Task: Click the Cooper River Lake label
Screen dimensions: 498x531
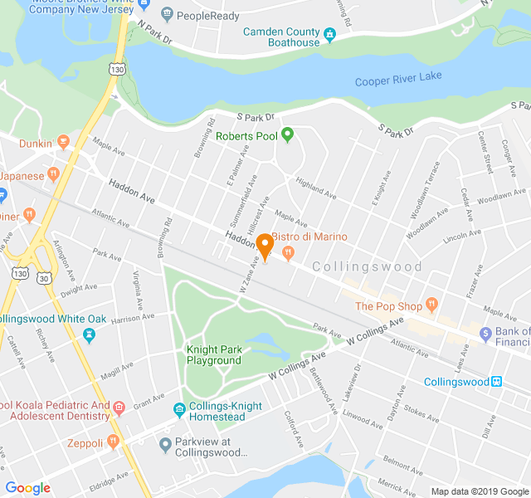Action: (x=398, y=79)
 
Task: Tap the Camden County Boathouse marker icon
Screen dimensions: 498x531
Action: (x=329, y=36)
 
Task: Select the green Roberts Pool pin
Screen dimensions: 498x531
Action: (x=287, y=134)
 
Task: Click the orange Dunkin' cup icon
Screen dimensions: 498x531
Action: (x=64, y=143)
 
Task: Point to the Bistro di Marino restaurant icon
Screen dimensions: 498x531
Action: (x=289, y=252)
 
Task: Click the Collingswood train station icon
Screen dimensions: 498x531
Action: (x=496, y=382)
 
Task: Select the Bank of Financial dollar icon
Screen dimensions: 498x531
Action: (x=487, y=333)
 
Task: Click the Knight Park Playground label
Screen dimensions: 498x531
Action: (x=213, y=355)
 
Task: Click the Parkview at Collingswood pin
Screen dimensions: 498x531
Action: (x=165, y=446)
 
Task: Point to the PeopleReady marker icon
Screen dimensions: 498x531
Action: (x=167, y=14)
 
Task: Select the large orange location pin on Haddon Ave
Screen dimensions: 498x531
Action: (x=265, y=246)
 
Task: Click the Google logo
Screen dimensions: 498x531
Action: (x=27, y=487)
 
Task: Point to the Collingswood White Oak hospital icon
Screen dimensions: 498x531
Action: (x=89, y=334)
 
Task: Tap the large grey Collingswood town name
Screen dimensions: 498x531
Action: (x=368, y=267)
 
